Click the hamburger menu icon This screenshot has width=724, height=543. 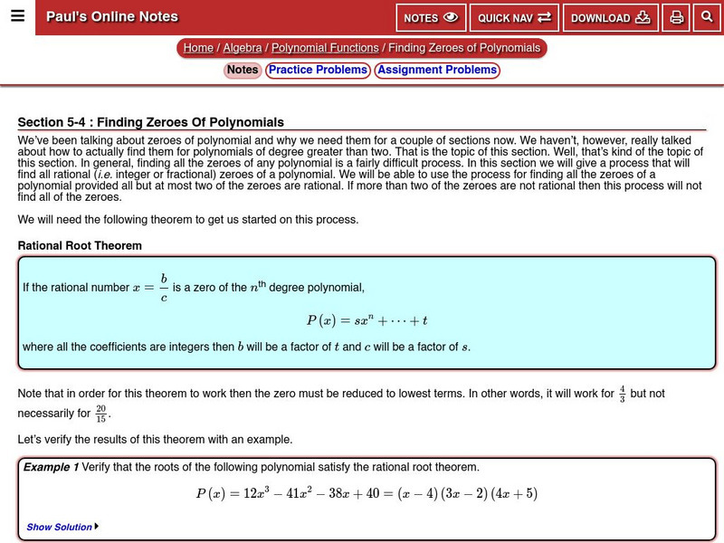17,16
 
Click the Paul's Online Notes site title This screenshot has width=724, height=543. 112,17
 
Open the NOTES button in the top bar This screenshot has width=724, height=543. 431,18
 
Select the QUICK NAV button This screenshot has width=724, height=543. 514,18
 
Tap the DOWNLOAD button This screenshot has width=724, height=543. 610,18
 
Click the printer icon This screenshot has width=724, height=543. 676,18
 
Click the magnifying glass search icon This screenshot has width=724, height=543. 706,18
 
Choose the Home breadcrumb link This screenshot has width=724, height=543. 198,48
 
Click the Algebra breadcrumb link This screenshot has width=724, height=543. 243,48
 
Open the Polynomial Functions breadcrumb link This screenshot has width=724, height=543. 325,48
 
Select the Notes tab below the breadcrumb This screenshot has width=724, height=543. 243,70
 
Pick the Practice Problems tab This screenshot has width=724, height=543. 318,70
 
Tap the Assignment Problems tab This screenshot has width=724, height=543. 437,70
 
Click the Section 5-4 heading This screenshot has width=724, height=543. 151,122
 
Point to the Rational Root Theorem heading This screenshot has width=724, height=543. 80,245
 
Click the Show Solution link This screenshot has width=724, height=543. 60,527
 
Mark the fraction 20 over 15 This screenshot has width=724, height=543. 101,414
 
